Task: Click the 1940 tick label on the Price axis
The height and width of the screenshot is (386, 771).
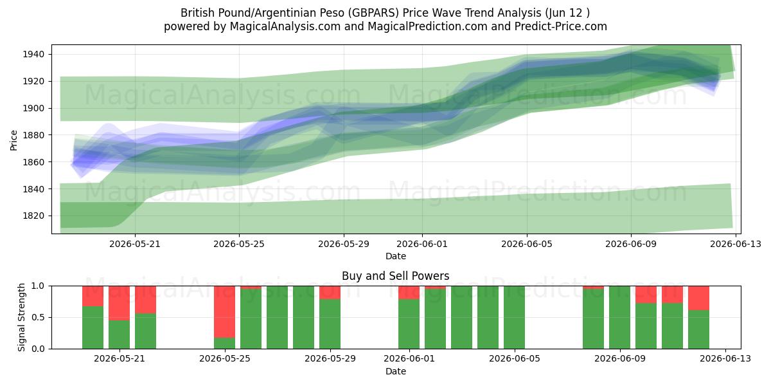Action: point(33,55)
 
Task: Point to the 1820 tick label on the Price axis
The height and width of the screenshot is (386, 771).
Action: point(33,216)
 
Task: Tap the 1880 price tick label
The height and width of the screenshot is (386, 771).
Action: point(33,135)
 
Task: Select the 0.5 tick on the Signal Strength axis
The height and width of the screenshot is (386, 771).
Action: point(38,317)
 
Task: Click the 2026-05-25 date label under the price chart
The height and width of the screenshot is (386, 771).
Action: point(239,244)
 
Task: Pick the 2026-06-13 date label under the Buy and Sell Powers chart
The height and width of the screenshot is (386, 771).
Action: point(725,359)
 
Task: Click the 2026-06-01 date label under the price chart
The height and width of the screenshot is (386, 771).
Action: point(422,244)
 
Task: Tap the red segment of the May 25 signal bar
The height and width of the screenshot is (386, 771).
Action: point(224,311)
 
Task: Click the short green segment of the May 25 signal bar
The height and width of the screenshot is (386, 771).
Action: point(224,344)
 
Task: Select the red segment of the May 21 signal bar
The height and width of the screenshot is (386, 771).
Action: point(119,303)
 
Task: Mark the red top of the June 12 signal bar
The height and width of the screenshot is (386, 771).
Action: point(699,298)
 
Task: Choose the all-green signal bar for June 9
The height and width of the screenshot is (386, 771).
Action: point(619,317)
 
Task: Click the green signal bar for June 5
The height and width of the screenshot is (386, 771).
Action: point(514,317)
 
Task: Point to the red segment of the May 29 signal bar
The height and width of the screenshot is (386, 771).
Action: point(330,293)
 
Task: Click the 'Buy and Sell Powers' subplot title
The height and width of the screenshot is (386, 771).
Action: point(396,276)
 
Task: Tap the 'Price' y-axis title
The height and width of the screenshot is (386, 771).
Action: point(13,140)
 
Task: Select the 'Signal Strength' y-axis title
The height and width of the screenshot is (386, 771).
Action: point(21,317)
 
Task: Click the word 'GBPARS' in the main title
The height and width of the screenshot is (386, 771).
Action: point(373,13)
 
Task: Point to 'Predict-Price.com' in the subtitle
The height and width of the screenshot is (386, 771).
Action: point(561,26)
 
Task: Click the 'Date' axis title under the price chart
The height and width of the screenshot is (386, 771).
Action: point(396,256)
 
